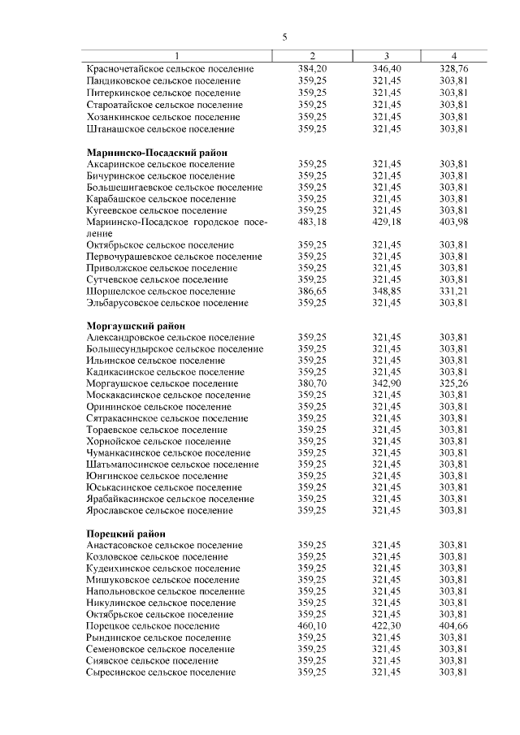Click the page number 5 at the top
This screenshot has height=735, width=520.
pos(284,37)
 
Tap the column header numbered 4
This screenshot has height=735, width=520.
pos(455,55)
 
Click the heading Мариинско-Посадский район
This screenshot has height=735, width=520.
pos(157,153)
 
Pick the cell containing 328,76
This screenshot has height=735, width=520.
pos(455,69)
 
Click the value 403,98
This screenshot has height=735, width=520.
pos(455,222)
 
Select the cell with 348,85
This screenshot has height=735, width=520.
pos(386,291)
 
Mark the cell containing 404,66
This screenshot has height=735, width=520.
pos(455,626)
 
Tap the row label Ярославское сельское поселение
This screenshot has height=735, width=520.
pos(160,510)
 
